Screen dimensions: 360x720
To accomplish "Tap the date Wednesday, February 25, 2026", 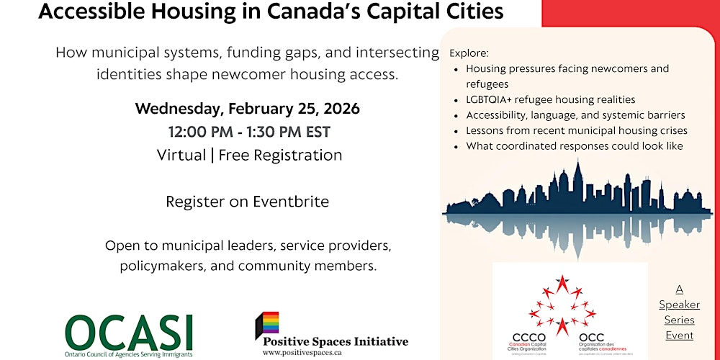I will point(247,109).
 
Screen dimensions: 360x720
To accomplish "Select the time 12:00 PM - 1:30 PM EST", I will point(249,132).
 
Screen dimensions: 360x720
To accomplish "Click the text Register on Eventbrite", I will point(247,202).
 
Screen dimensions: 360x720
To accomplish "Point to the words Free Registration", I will point(280,155).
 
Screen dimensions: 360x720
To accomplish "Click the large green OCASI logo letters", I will point(129,330).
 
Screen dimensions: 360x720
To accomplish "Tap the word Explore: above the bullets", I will point(469,53).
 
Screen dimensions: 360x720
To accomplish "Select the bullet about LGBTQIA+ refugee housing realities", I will point(551,99).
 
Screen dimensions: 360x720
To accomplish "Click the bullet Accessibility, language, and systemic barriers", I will point(575,115).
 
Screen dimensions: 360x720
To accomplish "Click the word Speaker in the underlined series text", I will point(679,305).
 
